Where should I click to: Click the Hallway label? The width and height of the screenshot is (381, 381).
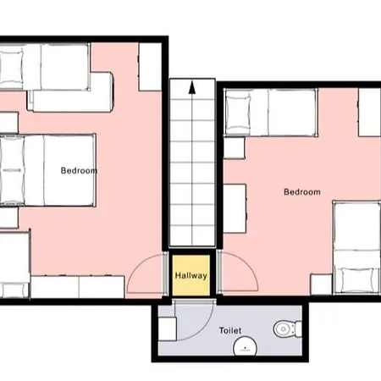191,275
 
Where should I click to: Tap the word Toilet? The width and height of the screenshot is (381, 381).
230,330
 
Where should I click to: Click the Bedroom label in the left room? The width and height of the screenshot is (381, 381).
79,170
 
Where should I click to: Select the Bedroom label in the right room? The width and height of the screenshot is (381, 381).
302,192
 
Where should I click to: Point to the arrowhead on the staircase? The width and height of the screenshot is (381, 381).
192,87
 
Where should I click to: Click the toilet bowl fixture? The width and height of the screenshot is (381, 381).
287,329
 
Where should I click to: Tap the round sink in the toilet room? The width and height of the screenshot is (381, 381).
245,346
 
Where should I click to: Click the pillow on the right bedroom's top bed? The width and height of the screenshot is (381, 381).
238,112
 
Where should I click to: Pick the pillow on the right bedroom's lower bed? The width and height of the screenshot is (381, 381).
359,280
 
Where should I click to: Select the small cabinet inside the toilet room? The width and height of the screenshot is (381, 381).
167,329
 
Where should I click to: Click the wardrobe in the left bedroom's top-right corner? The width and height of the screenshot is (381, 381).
150,67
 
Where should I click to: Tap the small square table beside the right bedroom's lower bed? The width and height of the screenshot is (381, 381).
321,284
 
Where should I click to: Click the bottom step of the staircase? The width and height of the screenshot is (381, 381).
192,235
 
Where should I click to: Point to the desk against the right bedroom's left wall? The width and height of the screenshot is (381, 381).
235,208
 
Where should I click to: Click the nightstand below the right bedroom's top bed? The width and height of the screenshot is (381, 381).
234,148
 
